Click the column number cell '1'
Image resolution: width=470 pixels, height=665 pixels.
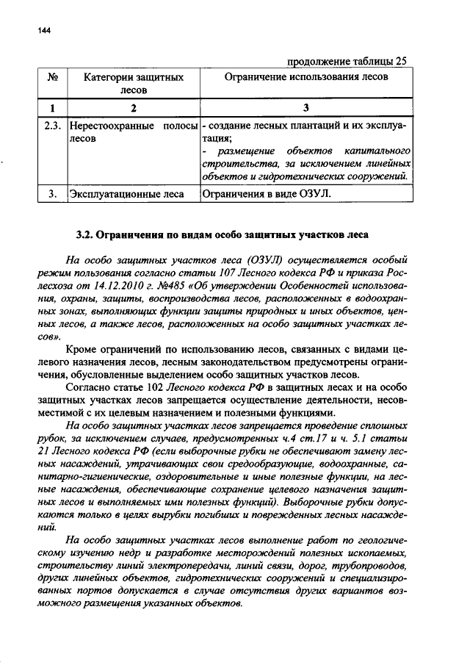click(x=52, y=109)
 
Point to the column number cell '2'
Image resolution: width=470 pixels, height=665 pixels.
click(x=133, y=109)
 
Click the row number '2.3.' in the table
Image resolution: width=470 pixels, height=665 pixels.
click(x=52, y=126)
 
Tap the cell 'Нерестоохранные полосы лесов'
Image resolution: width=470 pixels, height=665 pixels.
click(x=133, y=132)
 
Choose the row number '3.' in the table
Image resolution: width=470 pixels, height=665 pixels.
click(x=52, y=194)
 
